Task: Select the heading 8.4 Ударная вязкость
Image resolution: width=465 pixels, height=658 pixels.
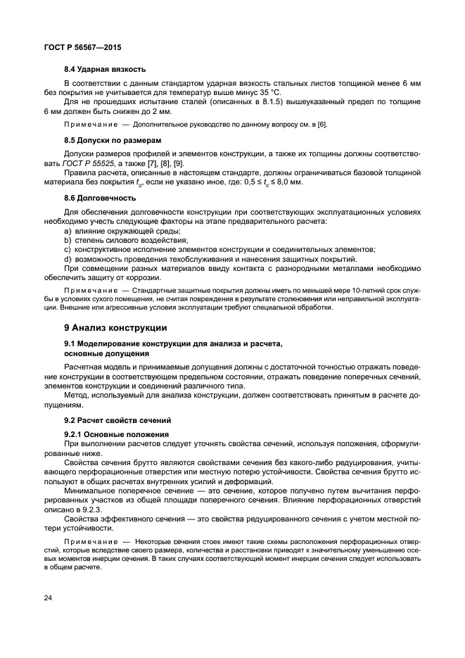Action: pos(105,69)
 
